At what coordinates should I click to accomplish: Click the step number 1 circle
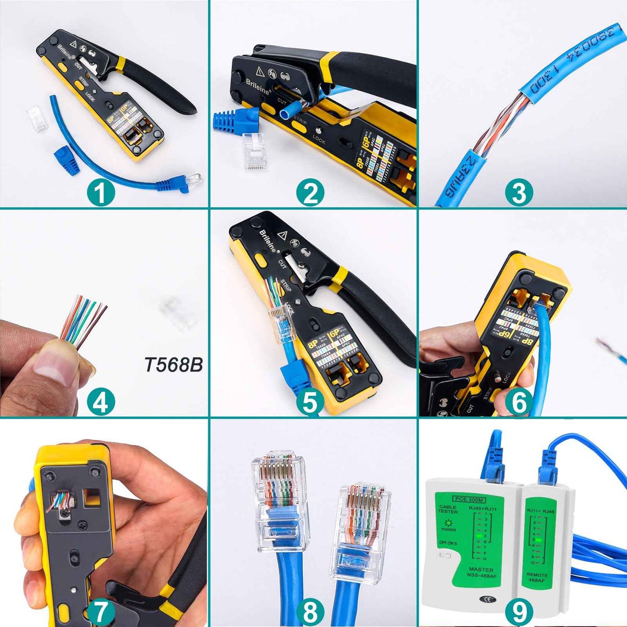[x=101, y=193]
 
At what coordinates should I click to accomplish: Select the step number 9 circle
[x=519, y=612]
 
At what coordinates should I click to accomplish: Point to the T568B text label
[x=174, y=365]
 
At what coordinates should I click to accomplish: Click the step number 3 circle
[x=519, y=193]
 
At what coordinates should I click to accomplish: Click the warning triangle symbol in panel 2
[x=260, y=71]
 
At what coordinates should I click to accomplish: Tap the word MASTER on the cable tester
[x=481, y=569]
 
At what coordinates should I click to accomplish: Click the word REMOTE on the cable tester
[x=537, y=574]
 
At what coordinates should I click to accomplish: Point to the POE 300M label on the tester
[x=469, y=500]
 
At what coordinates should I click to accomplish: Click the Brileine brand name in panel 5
[x=268, y=241]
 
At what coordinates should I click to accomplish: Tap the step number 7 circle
[x=101, y=612]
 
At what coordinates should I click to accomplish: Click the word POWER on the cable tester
[x=449, y=529]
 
